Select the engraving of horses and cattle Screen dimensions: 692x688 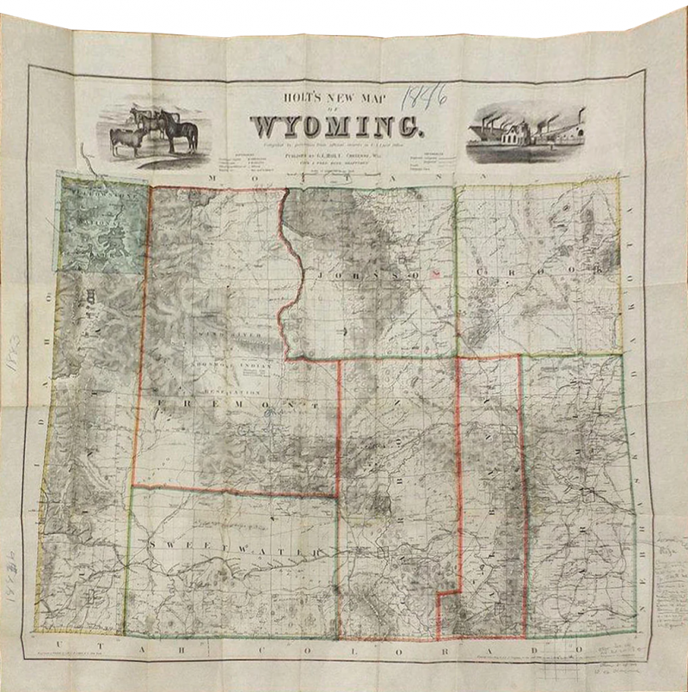[x=155, y=130]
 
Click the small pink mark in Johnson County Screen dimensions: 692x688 [x=436, y=273]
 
